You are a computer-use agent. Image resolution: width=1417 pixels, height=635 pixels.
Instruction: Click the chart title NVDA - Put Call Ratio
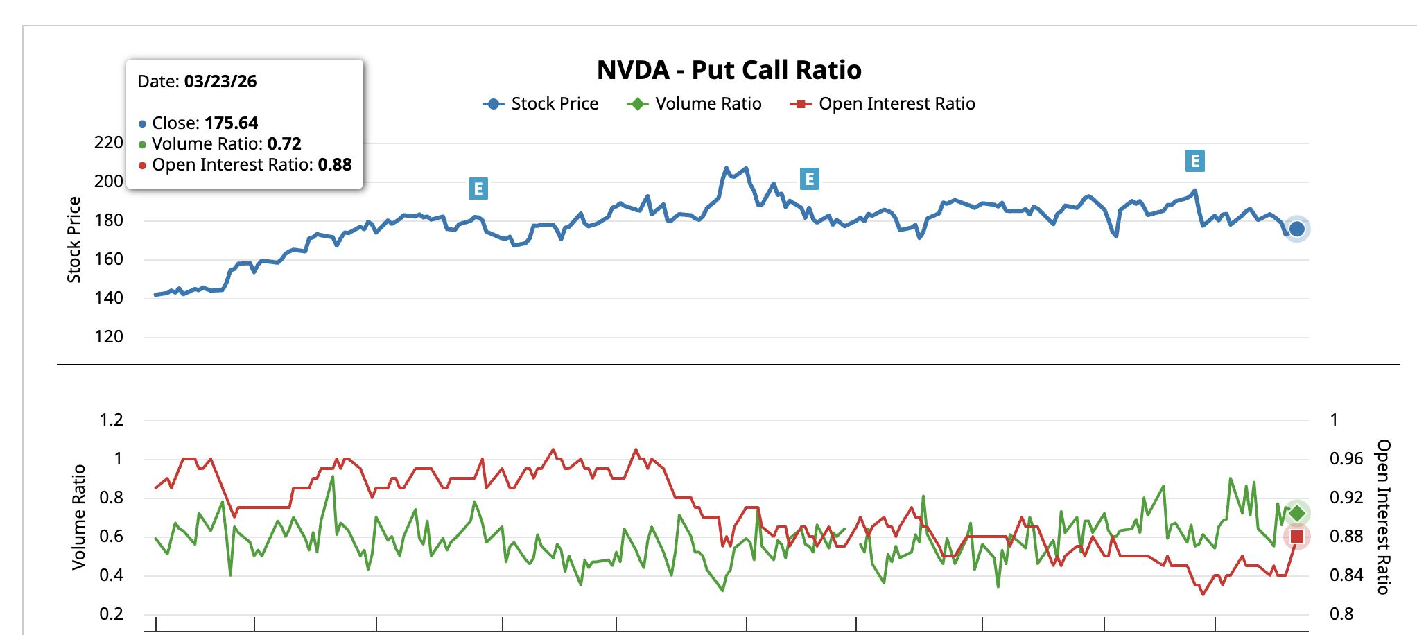(x=729, y=70)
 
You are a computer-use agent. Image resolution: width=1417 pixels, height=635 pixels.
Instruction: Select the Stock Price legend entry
(x=541, y=104)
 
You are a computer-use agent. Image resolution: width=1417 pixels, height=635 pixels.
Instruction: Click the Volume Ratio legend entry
(x=694, y=104)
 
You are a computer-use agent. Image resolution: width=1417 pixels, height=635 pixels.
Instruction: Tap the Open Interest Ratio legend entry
(x=883, y=104)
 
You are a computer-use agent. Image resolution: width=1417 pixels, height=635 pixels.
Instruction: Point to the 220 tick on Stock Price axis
(x=109, y=143)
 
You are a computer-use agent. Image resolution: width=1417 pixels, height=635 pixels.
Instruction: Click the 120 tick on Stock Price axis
(x=109, y=337)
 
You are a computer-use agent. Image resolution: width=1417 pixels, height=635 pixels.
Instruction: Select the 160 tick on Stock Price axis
(x=109, y=259)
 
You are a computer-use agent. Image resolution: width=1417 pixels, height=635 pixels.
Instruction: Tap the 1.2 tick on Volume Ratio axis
(x=112, y=420)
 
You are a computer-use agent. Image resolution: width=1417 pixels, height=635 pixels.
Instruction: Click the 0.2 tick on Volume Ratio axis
(x=112, y=614)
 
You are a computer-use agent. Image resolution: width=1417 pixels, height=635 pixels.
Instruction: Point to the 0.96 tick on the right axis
(x=1346, y=459)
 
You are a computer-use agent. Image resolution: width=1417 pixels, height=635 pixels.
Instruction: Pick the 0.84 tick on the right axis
(x=1346, y=575)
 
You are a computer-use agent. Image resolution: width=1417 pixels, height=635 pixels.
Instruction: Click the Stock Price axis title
(x=73, y=240)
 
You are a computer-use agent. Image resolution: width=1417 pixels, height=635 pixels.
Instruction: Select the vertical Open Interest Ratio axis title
(x=1383, y=516)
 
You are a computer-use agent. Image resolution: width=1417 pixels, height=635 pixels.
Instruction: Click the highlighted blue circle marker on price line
(x=1297, y=229)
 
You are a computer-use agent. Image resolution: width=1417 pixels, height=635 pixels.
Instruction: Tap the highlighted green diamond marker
(x=1297, y=514)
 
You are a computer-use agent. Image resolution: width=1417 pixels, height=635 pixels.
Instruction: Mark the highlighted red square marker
(x=1297, y=537)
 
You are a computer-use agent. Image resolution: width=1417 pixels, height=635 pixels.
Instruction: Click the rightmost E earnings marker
(x=1194, y=162)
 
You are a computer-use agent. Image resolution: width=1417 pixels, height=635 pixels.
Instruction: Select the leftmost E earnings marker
(x=478, y=189)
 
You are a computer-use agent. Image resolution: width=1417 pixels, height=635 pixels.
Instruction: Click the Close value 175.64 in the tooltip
(x=232, y=123)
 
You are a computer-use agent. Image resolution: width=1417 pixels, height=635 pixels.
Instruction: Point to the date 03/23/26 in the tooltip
(x=220, y=82)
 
